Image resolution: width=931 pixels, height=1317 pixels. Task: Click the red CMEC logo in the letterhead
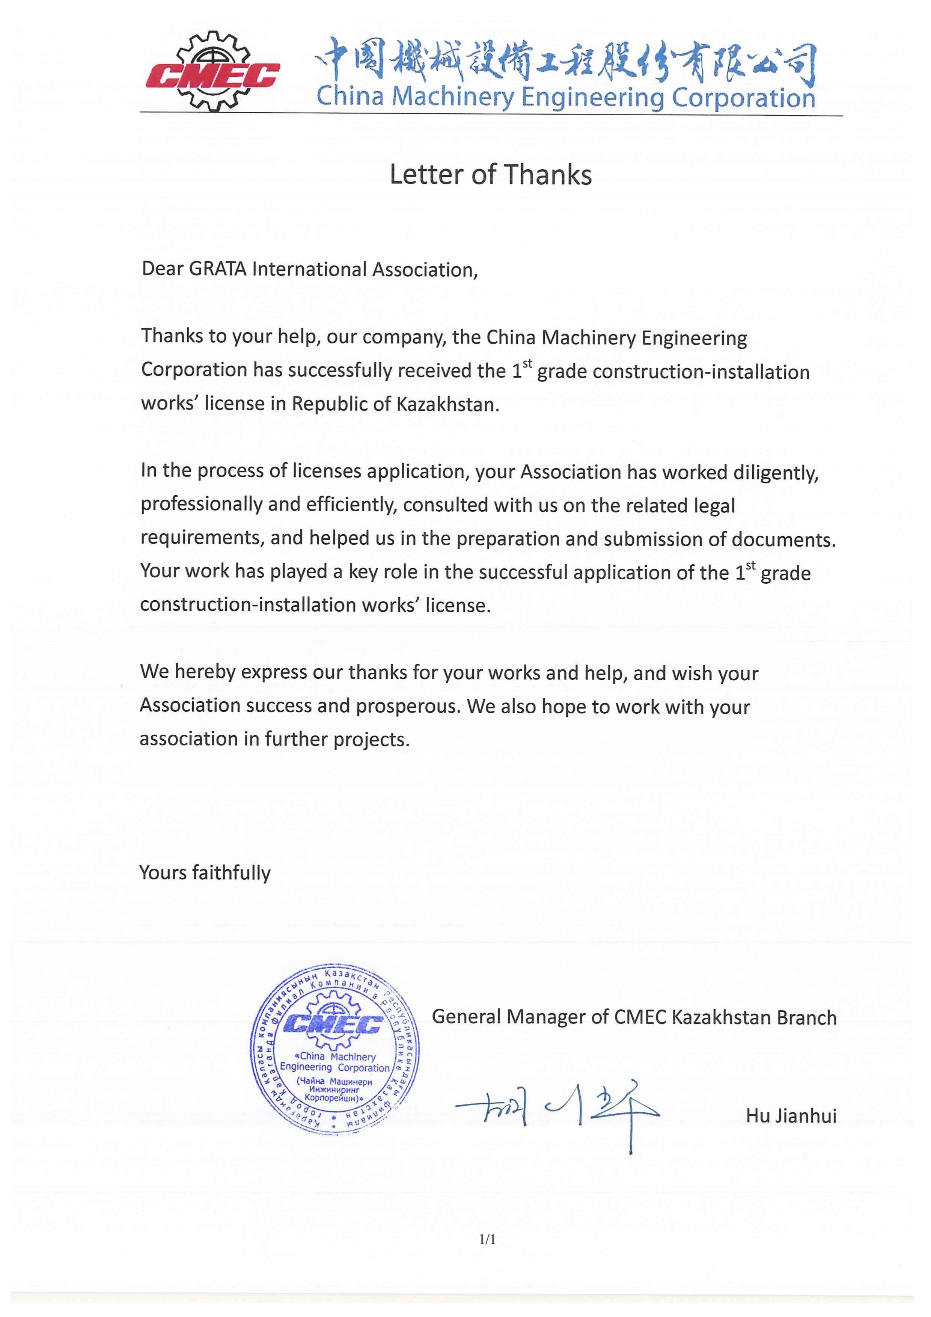[x=212, y=74]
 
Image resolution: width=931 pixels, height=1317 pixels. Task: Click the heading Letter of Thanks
[x=490, y=174]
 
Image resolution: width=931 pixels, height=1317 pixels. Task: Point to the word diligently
[x=776, y=473]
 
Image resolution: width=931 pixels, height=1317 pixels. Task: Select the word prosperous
[x=407, y=706]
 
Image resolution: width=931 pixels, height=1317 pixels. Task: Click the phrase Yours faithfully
[x=205, y=872]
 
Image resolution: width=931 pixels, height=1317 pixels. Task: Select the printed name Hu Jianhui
[x=791, y=1116]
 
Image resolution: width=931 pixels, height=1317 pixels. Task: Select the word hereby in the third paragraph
[x=205, y=672]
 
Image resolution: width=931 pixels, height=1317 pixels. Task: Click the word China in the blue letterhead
[x=350, y=96]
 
